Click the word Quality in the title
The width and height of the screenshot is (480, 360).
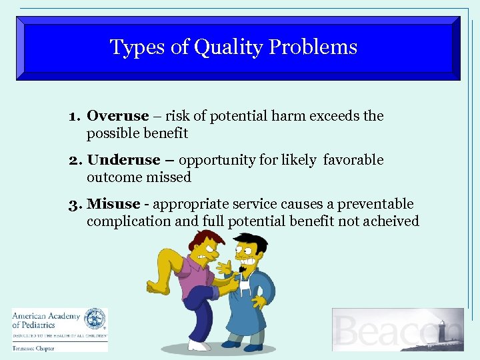coord(225,48)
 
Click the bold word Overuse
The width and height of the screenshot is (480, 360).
coord(118,116)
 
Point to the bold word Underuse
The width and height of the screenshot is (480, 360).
coord(124,160)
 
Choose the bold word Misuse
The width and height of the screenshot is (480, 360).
coord(113,204)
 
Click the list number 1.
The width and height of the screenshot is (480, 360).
coord(73,116)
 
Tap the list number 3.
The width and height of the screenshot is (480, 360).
coord(74,204)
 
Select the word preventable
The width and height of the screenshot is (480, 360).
coord(375,204)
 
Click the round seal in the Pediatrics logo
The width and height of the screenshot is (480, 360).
coord(95,319)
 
